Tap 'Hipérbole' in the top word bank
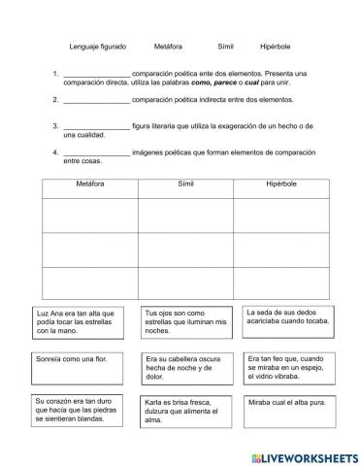click(275, 46)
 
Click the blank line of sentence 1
click(96, 74)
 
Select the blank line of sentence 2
click(96, 99)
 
